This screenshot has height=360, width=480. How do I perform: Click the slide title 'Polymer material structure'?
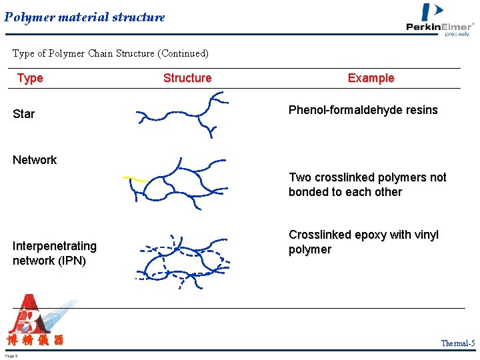click(x=85, y=17)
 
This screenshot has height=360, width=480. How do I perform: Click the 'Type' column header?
click(x=30, y=78)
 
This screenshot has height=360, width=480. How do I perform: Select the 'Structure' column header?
click(x=187, y=78)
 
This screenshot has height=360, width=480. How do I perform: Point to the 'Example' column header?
click(x=371, y=78)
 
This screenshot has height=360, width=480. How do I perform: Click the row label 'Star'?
click(x=23, y=114)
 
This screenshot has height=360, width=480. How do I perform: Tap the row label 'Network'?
click(x=35, y=160)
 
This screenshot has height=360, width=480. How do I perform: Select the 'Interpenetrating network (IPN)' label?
click(x=55, y=253)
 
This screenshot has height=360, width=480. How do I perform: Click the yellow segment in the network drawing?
click(x=136, y=179)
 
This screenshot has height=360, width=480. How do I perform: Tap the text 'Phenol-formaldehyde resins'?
click(x=363, y=110)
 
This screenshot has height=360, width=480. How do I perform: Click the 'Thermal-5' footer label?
click(x=457, y=343)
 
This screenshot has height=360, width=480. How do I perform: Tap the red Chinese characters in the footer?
click(x=35, y=341)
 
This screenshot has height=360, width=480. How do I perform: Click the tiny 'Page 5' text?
click(x=11, y=355)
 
